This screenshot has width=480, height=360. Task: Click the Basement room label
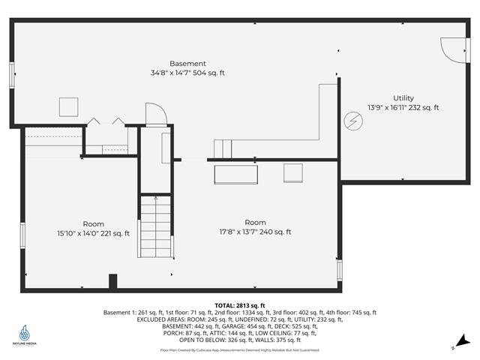tap(187, 64)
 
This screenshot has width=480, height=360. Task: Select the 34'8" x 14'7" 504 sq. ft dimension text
tap(187, 73)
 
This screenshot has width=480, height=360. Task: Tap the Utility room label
tap(403, 98)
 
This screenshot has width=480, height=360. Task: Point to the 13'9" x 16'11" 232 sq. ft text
tap(403, 108)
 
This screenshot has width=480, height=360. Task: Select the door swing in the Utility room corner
tap(452, 49)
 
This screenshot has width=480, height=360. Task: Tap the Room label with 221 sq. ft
tap(94, 223)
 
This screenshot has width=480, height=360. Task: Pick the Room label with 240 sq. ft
tap(255, 222)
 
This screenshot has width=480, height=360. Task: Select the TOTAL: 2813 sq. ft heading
tap(239, 305)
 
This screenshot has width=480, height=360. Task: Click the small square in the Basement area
tap(69, 106)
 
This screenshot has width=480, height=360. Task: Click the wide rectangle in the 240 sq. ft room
tap(237, 174)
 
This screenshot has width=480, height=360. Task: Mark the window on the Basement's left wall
tap(12, 76)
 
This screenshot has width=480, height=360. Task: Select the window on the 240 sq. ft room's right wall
tap(340, 268)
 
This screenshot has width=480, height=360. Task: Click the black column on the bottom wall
tap(113, 281)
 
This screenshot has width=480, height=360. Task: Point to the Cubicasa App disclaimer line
tap(239, 350)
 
